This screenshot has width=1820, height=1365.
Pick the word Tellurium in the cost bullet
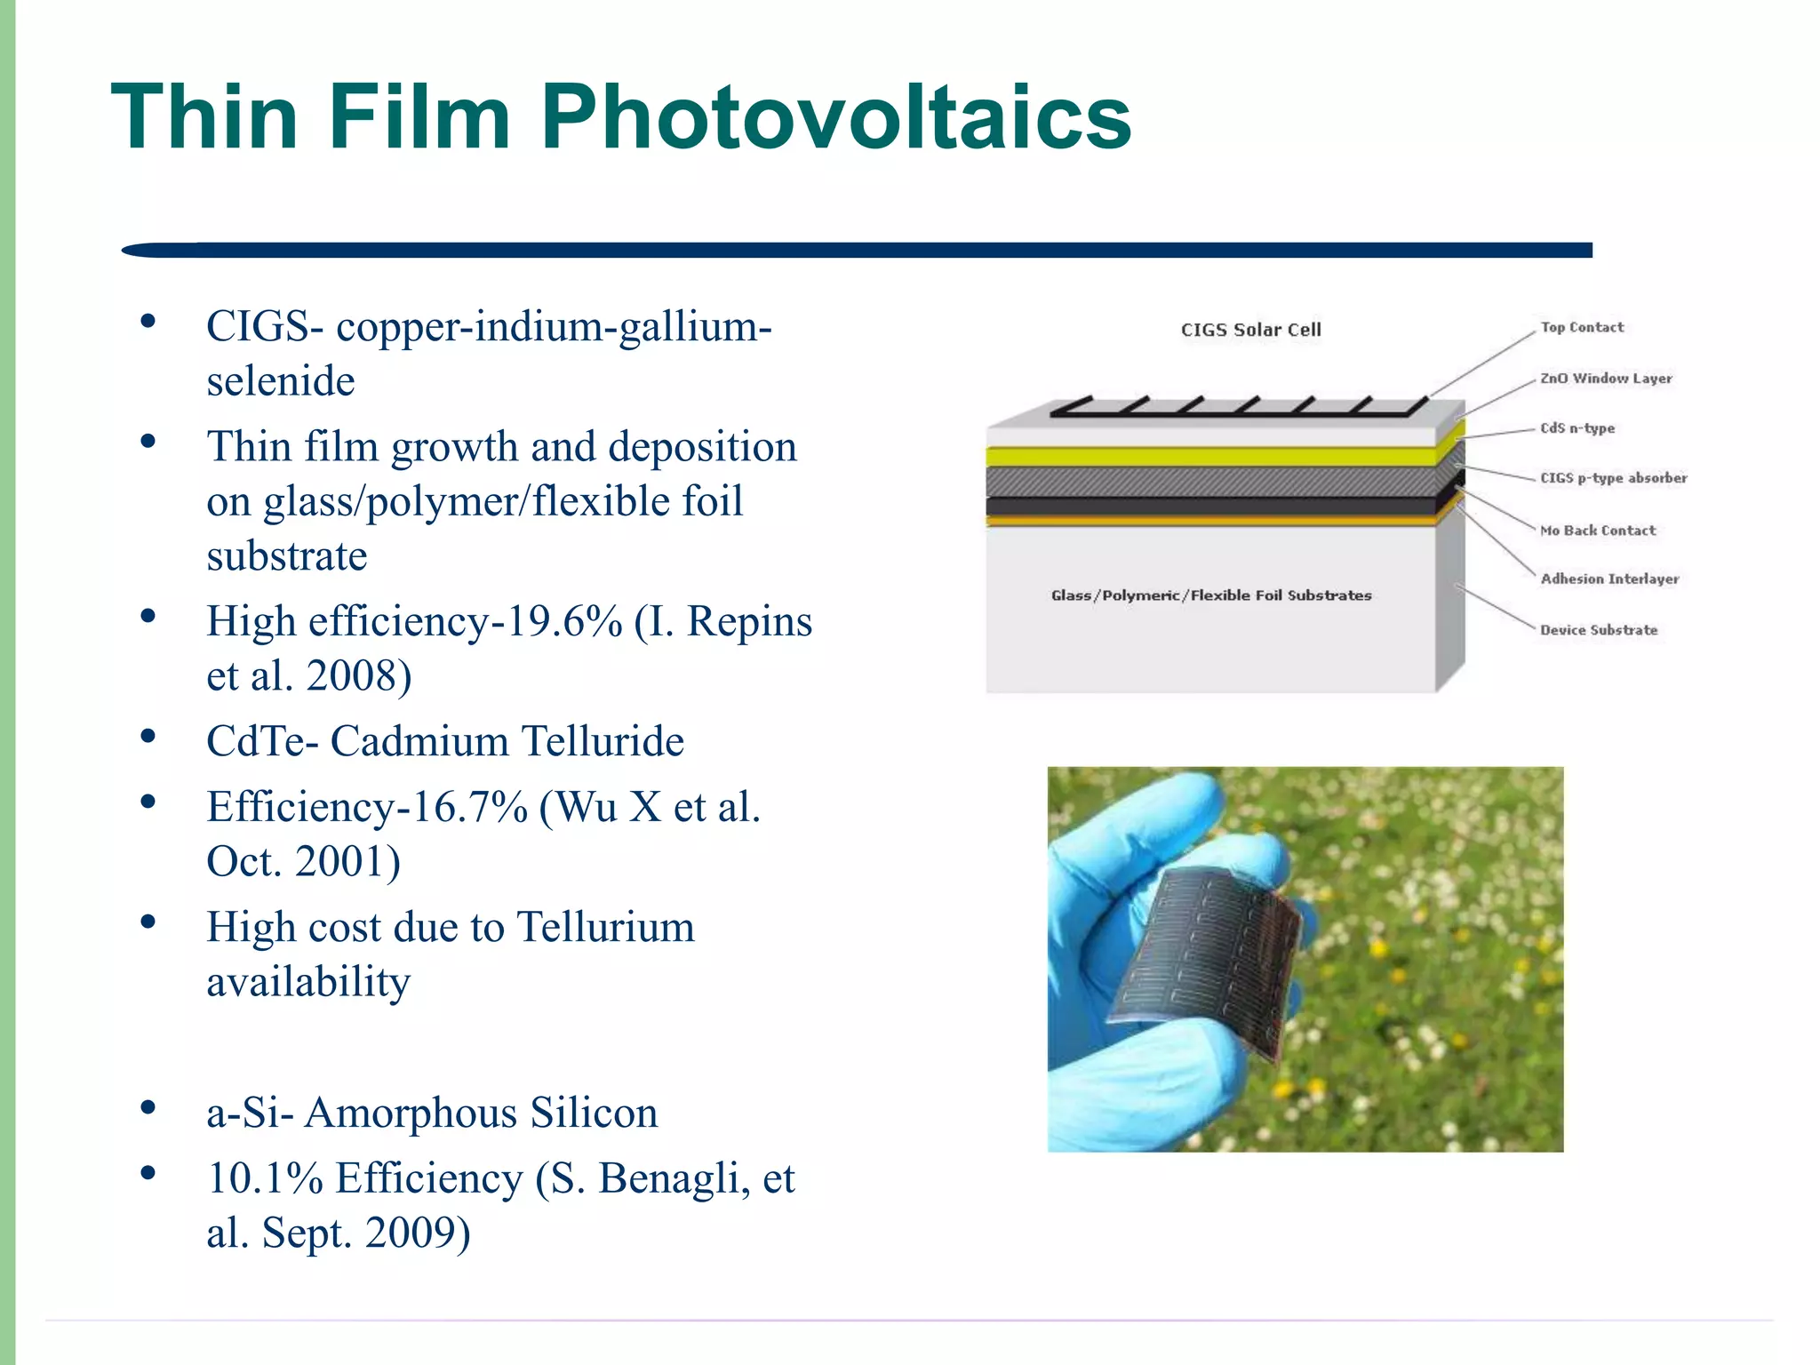(605, 927)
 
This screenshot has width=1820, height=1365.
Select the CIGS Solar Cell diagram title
(1250, 330)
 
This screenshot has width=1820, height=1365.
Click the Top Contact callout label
(1582, 327)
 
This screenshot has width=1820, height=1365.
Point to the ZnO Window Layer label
(1606, 378)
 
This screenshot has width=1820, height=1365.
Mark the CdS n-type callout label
(1577, 427)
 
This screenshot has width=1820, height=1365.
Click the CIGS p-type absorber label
(1613, 478)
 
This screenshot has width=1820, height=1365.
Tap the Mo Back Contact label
(1598, 531)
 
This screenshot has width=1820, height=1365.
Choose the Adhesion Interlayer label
(1609, 579)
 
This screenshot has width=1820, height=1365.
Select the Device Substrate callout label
(1599, 630)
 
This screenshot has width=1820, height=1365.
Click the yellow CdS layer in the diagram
(1209, 457)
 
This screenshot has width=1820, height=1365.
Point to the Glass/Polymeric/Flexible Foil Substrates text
(1211, 595)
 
